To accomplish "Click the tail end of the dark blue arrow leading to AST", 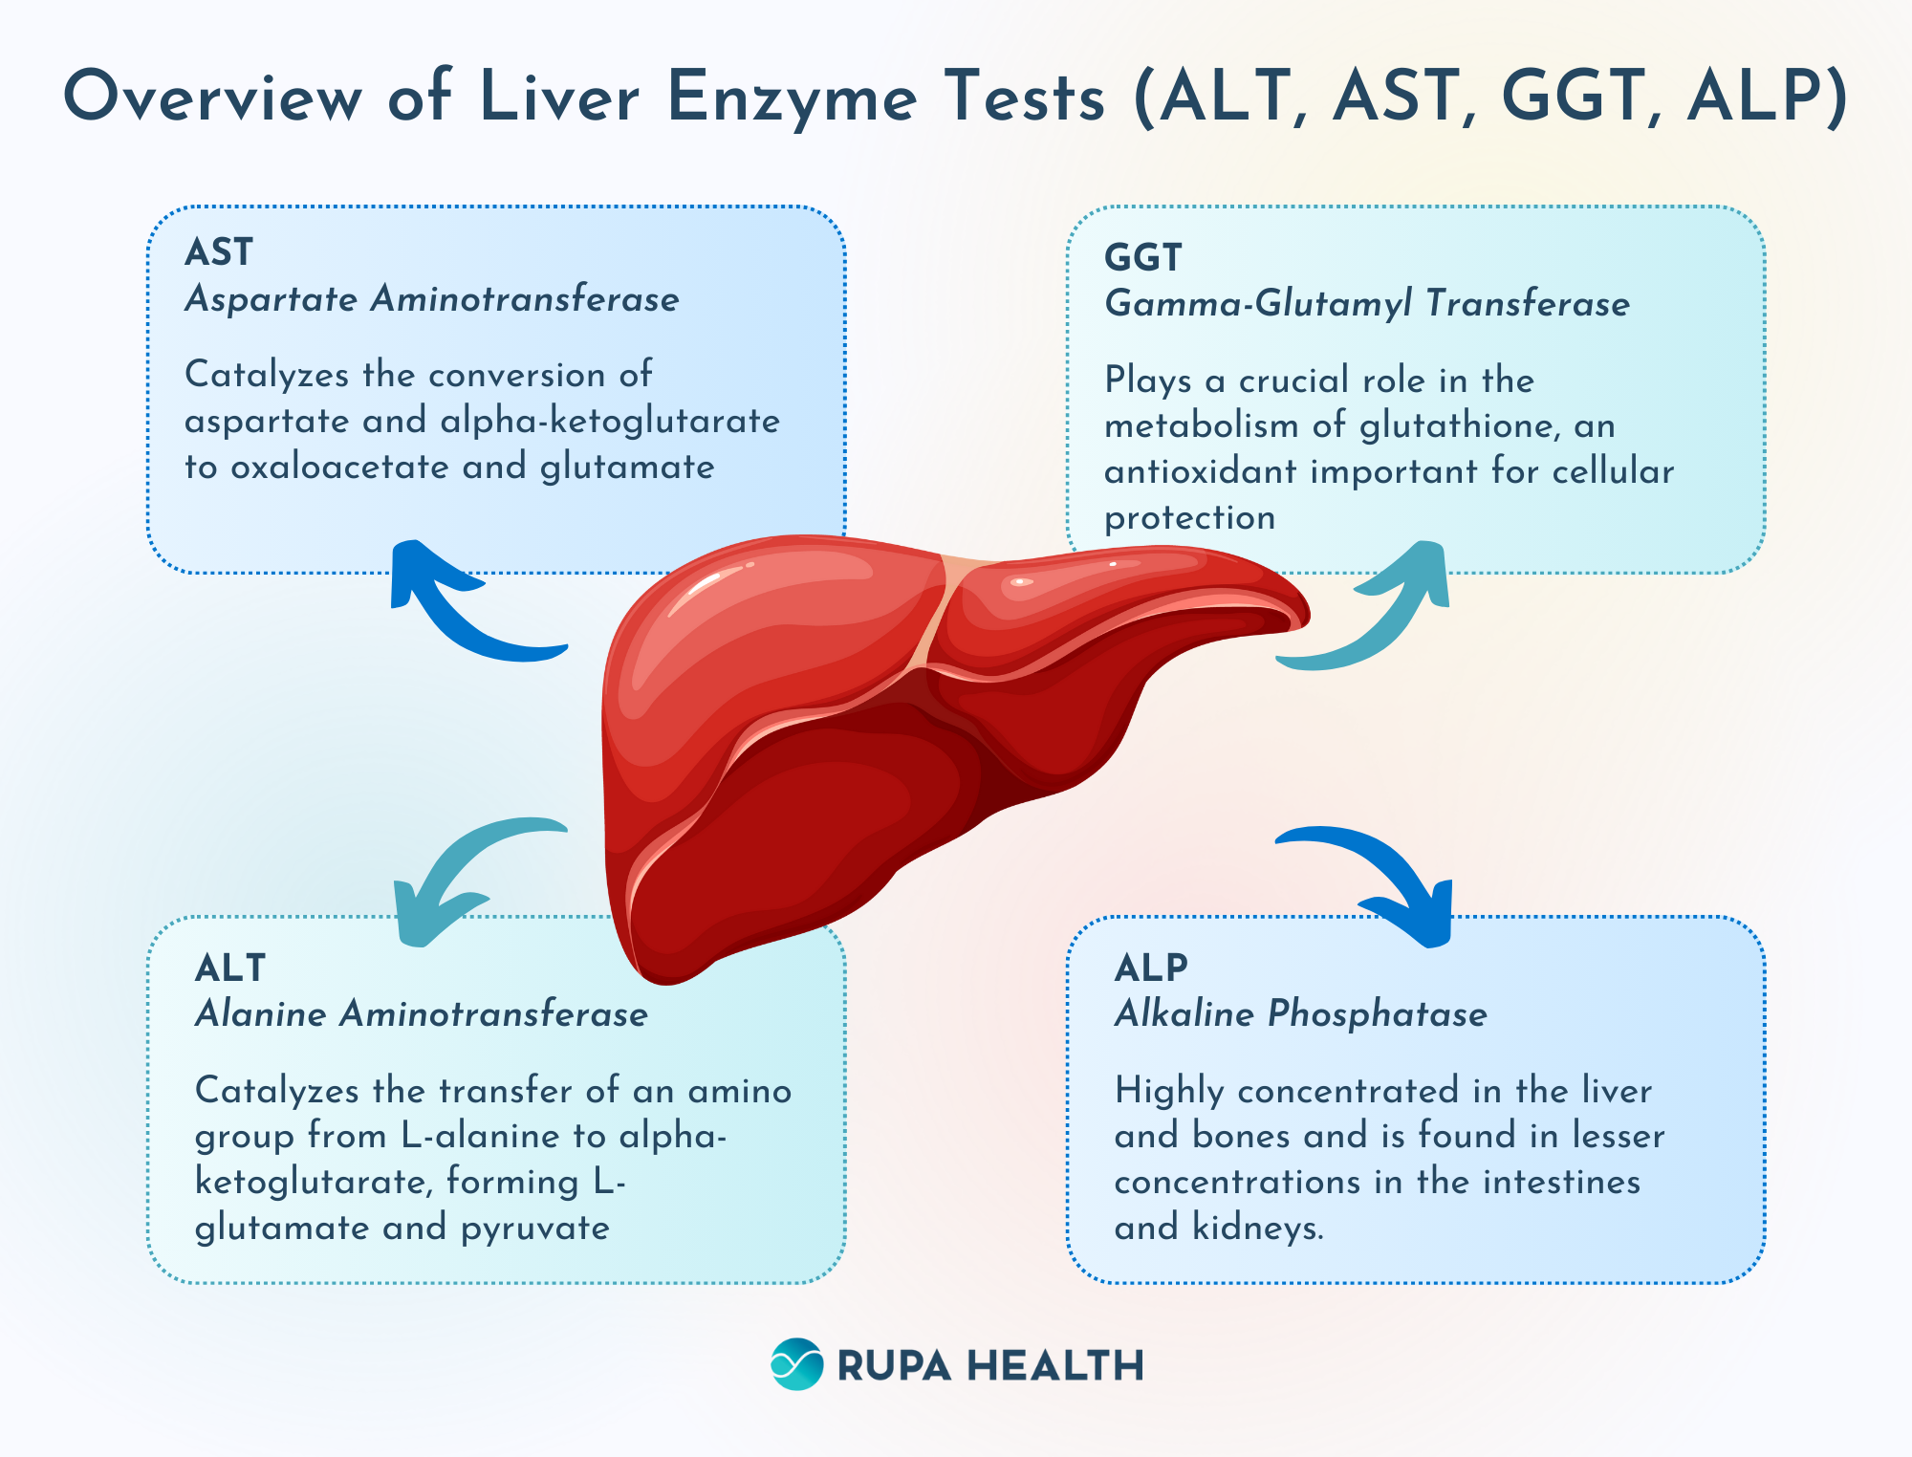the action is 567,650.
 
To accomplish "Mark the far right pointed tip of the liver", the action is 1309,617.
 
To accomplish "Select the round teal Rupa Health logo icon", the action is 796,1364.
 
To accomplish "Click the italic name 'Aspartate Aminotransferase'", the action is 432,299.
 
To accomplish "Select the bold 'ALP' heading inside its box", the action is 1151,968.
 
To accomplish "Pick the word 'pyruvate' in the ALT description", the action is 535,1229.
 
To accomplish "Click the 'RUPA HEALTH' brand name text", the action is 990,1365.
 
